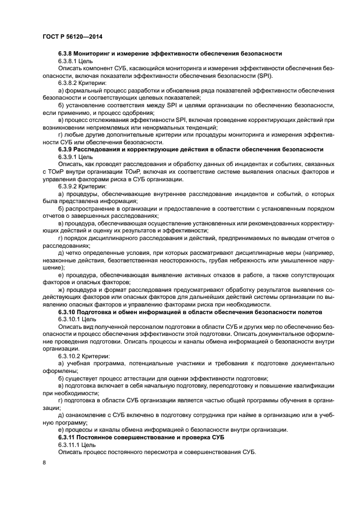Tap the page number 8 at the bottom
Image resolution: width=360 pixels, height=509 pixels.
tap(44, 463)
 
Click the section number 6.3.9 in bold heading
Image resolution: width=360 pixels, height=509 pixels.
tap(65, 150)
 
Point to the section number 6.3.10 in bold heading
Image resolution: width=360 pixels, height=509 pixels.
tap(67, 312)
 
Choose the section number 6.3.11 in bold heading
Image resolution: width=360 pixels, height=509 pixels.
tap(67, 438)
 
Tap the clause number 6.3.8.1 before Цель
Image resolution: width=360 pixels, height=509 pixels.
tap(69, 61)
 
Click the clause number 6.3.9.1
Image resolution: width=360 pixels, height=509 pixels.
tap(69, 157)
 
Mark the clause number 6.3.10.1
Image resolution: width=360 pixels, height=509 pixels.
tap(70, 319)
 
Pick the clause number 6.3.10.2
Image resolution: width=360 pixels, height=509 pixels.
tap(70, 355)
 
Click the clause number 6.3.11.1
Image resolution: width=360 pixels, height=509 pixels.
tap(70, 445)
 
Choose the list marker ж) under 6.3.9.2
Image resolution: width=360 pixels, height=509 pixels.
tap(61, 290)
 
